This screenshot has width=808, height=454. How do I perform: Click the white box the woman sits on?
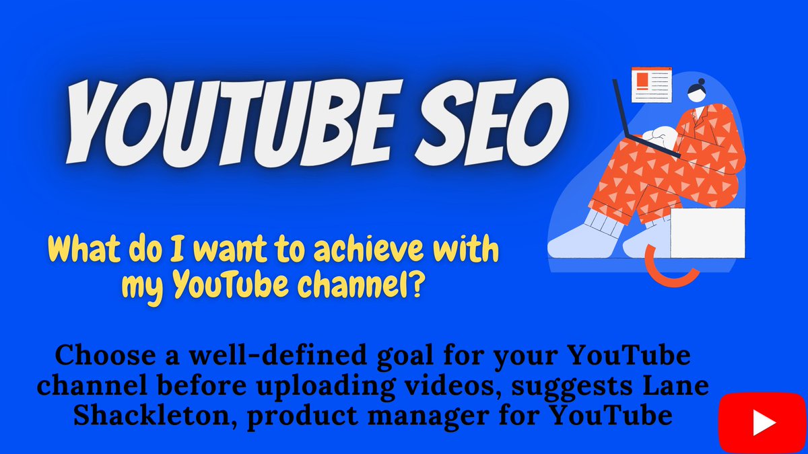tap(707, 233)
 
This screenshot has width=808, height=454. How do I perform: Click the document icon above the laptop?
tap(651, 83)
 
